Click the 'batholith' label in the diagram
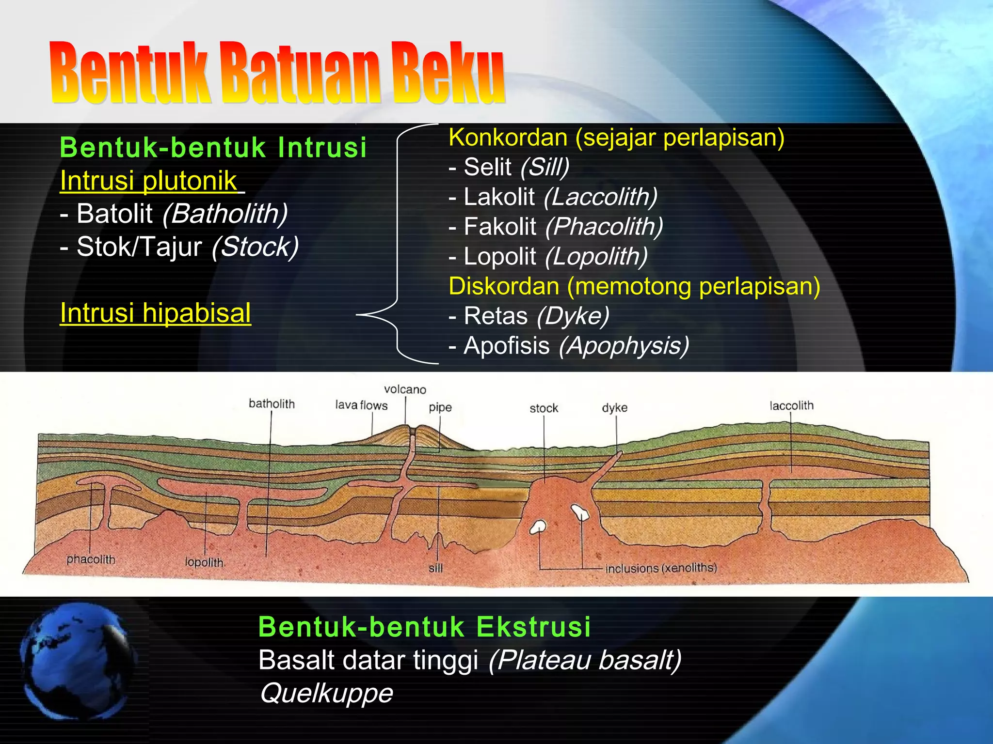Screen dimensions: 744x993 tap(272, 403)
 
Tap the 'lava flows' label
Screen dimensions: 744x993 tap(361, 405)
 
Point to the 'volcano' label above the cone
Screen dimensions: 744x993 tap(405, 389)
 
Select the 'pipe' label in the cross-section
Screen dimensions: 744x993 tap(440, 407)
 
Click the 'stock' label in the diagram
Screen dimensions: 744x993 tap(544, 408)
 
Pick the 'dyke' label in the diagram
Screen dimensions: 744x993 tap(614, 408)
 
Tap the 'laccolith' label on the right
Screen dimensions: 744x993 tap(791, 405)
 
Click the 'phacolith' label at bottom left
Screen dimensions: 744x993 tap(91, 559)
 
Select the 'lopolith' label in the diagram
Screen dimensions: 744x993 tap(204, 562)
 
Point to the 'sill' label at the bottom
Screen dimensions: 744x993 tap(435, 568)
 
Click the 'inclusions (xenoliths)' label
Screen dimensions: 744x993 tap(661, 568)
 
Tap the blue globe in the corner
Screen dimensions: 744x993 tap(78, 661)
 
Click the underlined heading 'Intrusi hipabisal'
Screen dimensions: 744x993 tap(155, 313)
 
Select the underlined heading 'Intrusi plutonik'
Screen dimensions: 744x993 tap(148, 181)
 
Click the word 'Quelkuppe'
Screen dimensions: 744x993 tap(326, 693)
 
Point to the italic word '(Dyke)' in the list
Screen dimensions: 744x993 tap(573, 316)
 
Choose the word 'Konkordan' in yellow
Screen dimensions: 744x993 tap(508, 138)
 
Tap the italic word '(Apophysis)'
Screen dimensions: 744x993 tap(624, 346)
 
